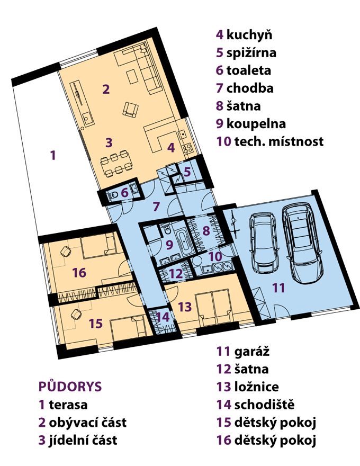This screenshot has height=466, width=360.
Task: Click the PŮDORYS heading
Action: (70, 387)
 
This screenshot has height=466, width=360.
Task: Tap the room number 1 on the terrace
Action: (53, 155)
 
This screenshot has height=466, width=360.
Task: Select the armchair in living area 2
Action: (130, 109)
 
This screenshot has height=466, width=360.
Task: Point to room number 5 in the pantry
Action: (187, 172)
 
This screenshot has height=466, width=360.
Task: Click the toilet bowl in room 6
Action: (113, 195)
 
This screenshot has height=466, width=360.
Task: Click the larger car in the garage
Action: (302, 242)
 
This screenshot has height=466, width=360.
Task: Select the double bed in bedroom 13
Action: (214, 307)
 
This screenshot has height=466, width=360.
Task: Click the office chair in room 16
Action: (65, 252)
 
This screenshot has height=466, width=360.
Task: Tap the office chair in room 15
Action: (76, 314)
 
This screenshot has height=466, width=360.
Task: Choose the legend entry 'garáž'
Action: (243, 351)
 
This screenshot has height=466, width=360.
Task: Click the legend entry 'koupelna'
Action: (251, 123)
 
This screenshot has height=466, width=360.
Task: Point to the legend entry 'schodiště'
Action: (256, 405)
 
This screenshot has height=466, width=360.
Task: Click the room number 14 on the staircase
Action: (163, 317)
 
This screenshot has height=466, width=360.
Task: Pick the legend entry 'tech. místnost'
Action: (270, 141)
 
